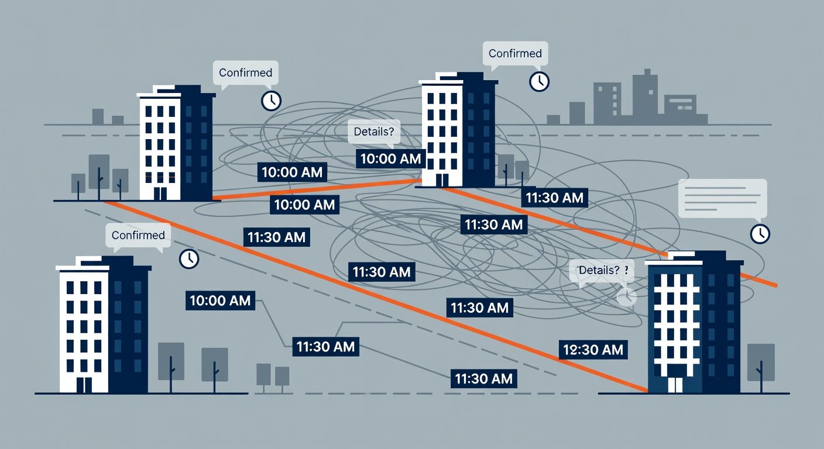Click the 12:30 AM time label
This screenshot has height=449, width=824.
coord(593,350)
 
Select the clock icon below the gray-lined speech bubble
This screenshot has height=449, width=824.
coord(760,234)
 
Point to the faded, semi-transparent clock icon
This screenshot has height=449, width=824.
coord(626,296)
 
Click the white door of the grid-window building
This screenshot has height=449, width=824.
coord(675,385)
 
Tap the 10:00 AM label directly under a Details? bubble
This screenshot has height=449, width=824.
coord(390,159)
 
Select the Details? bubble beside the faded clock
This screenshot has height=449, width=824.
coord(602,271)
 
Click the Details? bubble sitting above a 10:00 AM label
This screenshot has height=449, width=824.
coord(374,132)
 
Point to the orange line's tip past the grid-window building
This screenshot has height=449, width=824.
coord(777,285)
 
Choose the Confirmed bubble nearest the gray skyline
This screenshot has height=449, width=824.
coord(515,54)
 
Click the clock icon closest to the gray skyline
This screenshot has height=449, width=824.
coord(539,81)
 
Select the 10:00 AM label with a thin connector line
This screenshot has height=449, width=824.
coord(220,301)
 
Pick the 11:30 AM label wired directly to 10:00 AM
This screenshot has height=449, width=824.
coord(325,347)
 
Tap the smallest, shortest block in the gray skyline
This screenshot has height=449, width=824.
coord(553,119)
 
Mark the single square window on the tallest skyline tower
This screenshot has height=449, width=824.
coord(651,92)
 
